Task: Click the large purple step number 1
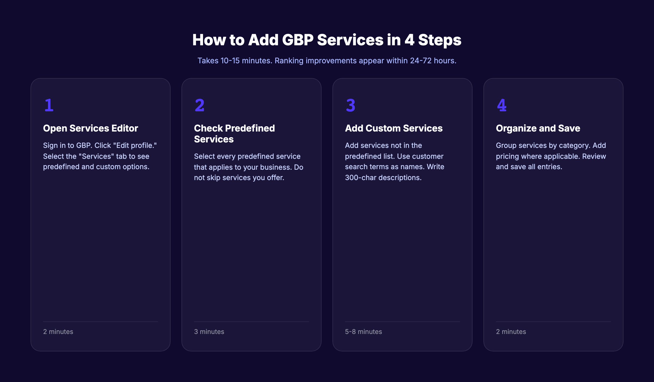(49, 105)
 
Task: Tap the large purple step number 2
(200, 105)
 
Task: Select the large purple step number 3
(351, 105)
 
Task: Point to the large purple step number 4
(502, 105)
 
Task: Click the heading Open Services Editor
(90, 128)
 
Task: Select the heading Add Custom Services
(394, 128)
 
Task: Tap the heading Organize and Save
(538, 128)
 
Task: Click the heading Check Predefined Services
(234, 134)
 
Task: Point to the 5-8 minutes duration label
(364, 332)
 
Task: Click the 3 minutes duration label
(209, 332)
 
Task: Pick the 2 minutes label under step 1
(58, 332)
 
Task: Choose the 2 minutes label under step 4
(511, 332)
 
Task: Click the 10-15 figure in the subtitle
(230, 61)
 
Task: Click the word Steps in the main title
(440, 40)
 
